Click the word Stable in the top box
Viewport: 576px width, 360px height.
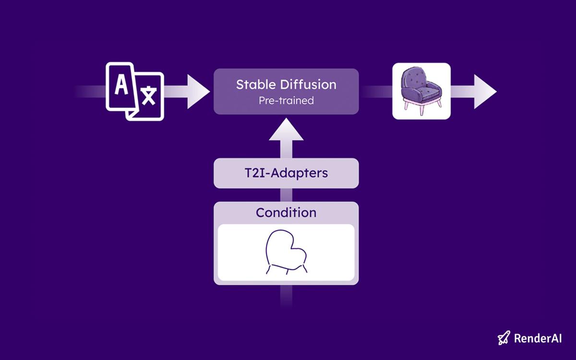point(256,84)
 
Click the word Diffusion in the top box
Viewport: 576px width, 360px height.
point(308,84)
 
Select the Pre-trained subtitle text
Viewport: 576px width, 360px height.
point(286,100)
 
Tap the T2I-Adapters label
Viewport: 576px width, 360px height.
point(286,173)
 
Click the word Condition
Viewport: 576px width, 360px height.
point(286,213)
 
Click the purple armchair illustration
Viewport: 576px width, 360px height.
point(421,91)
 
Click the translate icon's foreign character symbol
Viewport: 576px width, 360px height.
point(149,96)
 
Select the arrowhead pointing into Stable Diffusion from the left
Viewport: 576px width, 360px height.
point(198,92)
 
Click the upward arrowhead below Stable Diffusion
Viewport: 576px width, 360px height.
point(286,129)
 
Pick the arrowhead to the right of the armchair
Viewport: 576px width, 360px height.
point(485,92)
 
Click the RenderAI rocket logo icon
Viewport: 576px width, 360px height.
point(504,337)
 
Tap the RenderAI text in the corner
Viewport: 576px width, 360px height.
point(538,338)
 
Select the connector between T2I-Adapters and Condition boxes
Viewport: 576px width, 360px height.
point(286,195)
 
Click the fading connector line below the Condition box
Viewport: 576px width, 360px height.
point(286,296)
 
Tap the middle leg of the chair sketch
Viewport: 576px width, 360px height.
point(288,272)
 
